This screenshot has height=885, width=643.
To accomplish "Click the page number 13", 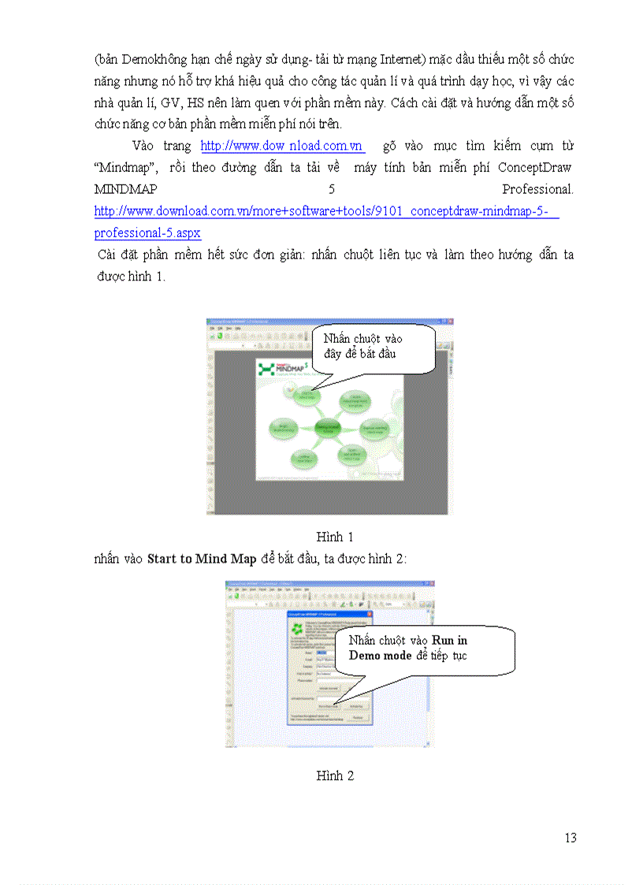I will [x=571, y=838].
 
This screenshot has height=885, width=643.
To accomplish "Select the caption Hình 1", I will [x=335, y=537].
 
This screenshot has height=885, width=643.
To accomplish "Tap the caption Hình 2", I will [x=335, y=776].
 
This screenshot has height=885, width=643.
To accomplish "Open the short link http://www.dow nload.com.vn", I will [x=281, y=146].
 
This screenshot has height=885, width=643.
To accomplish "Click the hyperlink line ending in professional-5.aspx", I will [x=147, y=233].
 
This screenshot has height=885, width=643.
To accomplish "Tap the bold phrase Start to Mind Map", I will [x=202, y=560].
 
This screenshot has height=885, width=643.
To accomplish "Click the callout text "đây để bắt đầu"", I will [x=359, y=353].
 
